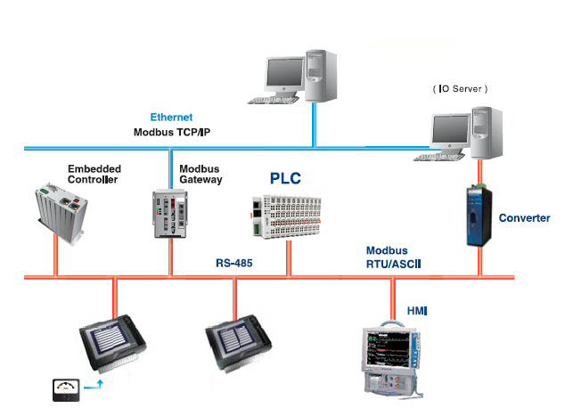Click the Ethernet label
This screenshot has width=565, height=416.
click(x=171, y=118)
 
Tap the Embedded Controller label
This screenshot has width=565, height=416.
click(x=94, y=174)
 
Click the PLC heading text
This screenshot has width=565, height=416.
click(x=286, y=178)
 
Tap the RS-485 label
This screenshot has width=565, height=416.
click(x=235, y=264)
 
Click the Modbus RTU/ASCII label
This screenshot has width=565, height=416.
click(x=392, y=258)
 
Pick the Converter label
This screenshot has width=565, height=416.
click(x=524, y=218)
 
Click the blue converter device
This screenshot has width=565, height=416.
click(x=479, y=216)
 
